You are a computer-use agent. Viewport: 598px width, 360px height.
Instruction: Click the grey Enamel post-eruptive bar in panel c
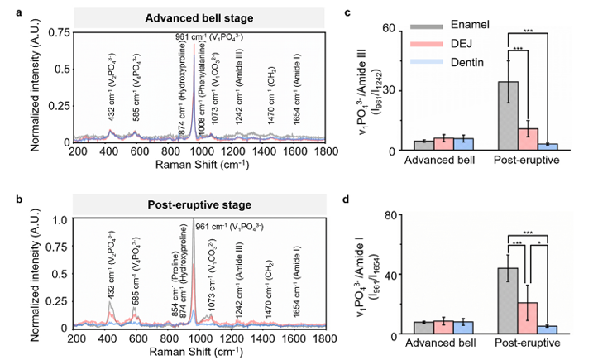click(x=508, y=116)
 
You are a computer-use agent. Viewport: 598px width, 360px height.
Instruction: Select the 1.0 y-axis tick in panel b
click(x=60, y=220)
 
